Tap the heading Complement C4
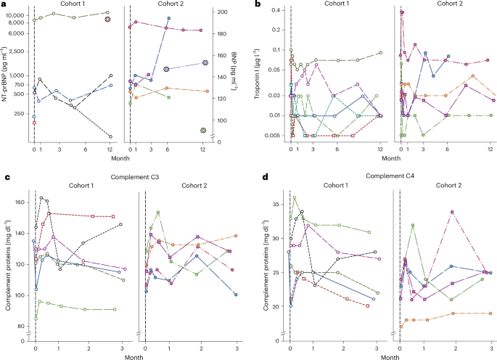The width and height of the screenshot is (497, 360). (377, 176)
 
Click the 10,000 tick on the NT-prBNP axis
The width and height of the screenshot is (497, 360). (16, 15)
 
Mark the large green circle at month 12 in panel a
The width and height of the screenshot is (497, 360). (204, 131)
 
